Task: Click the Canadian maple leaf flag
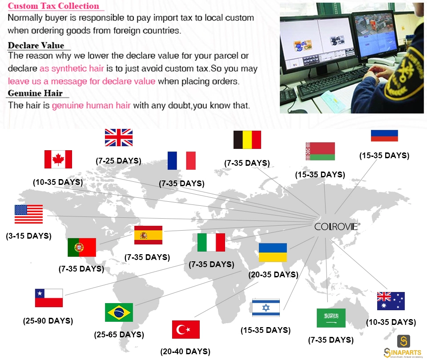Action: pos(58,159)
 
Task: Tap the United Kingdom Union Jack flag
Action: pos(119,137)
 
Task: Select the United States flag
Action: pos(28,214)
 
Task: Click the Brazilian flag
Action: pos(119,312)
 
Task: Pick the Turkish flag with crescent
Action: pos(186,329)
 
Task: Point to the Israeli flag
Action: pos(266,308)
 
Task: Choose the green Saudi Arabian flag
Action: pos(331,318)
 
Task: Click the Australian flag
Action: pos(391,301)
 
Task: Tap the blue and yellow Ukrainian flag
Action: pos(273,252)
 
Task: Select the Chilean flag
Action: pos(49,298)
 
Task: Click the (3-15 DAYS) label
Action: pos(28,236)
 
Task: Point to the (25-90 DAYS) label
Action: pos(48,321)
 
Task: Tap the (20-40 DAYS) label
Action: pos(185,352)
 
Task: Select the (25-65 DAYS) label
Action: pos(119,334)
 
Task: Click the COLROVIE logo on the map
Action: pos(337,227)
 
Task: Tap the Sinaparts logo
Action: pos(403,346)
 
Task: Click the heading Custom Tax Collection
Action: pos(53,6)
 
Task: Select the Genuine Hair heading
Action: pos(35,93)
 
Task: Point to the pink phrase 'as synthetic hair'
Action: pos(72,68)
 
